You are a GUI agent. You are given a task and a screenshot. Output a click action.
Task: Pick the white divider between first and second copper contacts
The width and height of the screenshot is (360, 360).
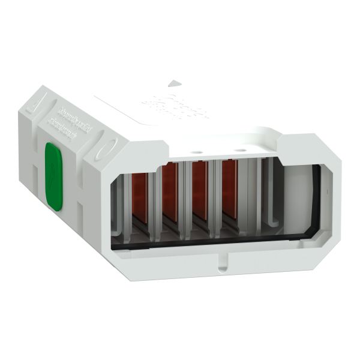click(x=155, y=198)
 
